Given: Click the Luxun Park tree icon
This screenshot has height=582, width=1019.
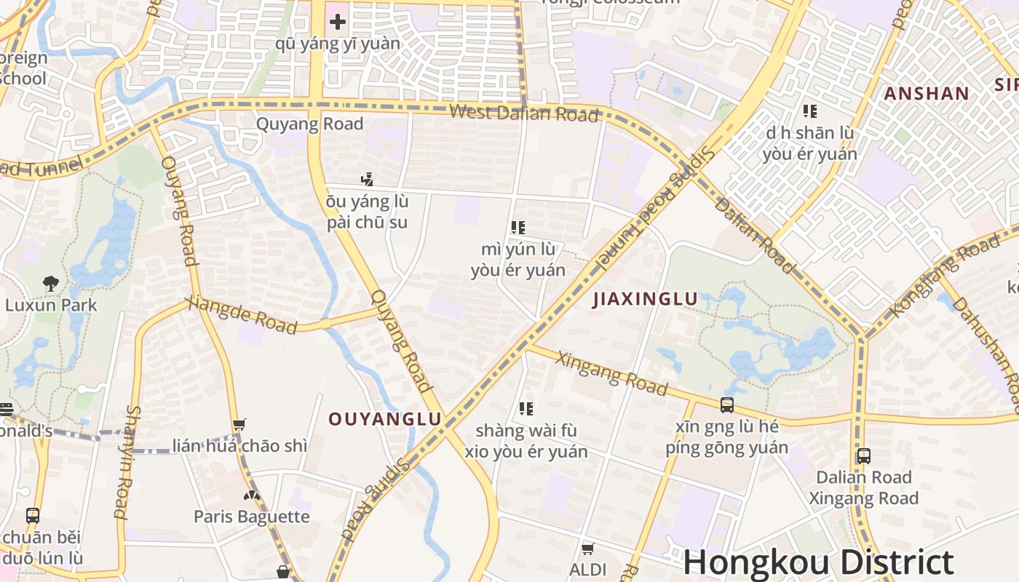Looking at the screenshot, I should pyautogui.click(x=51, y=283).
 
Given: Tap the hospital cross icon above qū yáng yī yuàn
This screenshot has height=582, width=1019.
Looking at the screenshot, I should pyautogui.click(x=338, y=22).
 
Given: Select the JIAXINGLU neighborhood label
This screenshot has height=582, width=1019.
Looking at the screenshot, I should pyautogui.click(x=645, y=299).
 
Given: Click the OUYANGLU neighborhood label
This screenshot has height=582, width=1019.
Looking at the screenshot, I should pyautogui.click(x=385, y=419).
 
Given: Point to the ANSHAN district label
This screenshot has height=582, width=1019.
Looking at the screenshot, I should pyautogui.click(x=927, y=93).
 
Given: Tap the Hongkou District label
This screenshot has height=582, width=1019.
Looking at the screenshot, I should pyautogui.click(x=818, y=563).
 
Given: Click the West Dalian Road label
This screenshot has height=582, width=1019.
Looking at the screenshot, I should pyautogui.click(x=524, y=113).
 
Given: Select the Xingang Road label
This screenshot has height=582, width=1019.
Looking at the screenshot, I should pyautogui.click(x=611, y=373).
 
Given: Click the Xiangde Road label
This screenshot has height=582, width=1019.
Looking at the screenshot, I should pyautogui.click(x=242, y=316).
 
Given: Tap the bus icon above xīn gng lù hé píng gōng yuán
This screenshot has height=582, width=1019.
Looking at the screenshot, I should pyautogui.click(x=726, y=405).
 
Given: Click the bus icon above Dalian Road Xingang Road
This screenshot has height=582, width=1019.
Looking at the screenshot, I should pyautogui.click(x=863, y=456).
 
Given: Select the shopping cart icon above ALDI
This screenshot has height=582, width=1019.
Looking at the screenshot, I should pyautogui.click(x=587, y=548).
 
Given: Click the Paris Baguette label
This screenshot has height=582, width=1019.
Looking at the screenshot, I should pyautogui.click(x=251, y=517).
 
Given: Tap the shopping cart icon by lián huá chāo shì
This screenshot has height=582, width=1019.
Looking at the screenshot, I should pyautogui.click(x=239, y=425).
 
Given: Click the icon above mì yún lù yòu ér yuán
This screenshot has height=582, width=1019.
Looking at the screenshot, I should pyautogui.click(x=518, y=228).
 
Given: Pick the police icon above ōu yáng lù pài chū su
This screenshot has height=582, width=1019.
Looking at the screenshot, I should pyautogui.click(x=367, y=179).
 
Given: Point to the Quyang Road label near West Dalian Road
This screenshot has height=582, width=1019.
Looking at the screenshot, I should pyautogui.click(x=309, y=124).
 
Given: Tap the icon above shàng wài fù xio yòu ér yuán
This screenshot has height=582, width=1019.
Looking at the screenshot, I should pyautogui.click(x=526, y=409).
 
